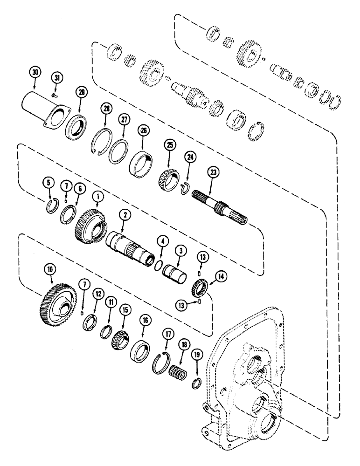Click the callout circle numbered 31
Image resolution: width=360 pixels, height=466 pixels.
coord(56,77)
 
